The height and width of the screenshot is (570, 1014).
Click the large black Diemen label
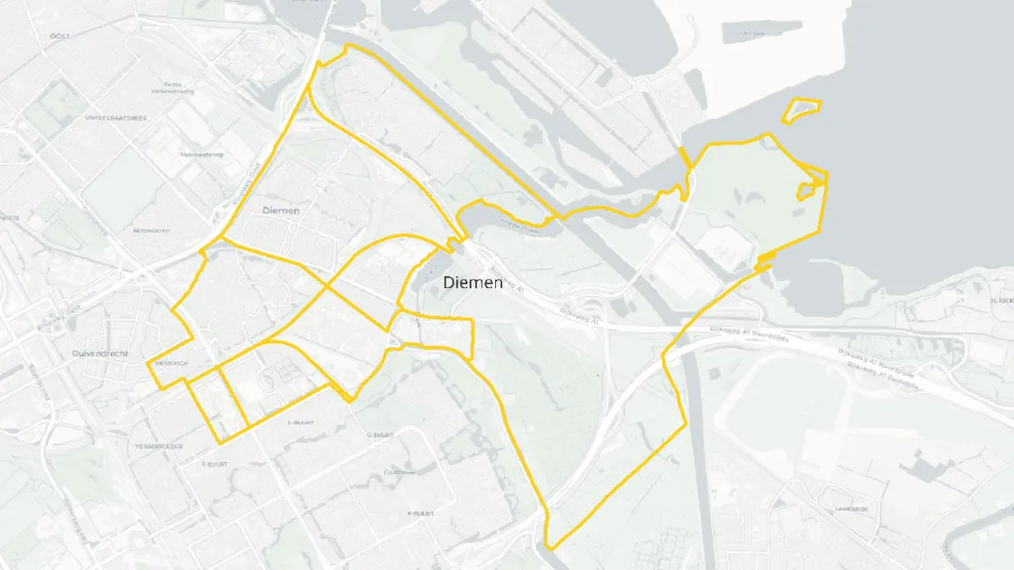coord(473,283)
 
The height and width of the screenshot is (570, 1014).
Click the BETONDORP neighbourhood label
coord(152,231)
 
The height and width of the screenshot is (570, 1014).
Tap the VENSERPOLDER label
coord(155,445)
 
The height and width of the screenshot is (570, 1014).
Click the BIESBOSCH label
coord(170,363)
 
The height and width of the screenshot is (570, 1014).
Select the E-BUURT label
coord(299,423)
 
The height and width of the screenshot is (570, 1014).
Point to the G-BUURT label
coord(380,433)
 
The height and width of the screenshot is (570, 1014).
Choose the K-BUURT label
coord(421,514)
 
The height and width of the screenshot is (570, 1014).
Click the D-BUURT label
coord(215,462)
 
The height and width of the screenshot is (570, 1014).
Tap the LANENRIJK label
coord(850,509)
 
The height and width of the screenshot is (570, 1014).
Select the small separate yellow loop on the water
coord(802,110)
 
